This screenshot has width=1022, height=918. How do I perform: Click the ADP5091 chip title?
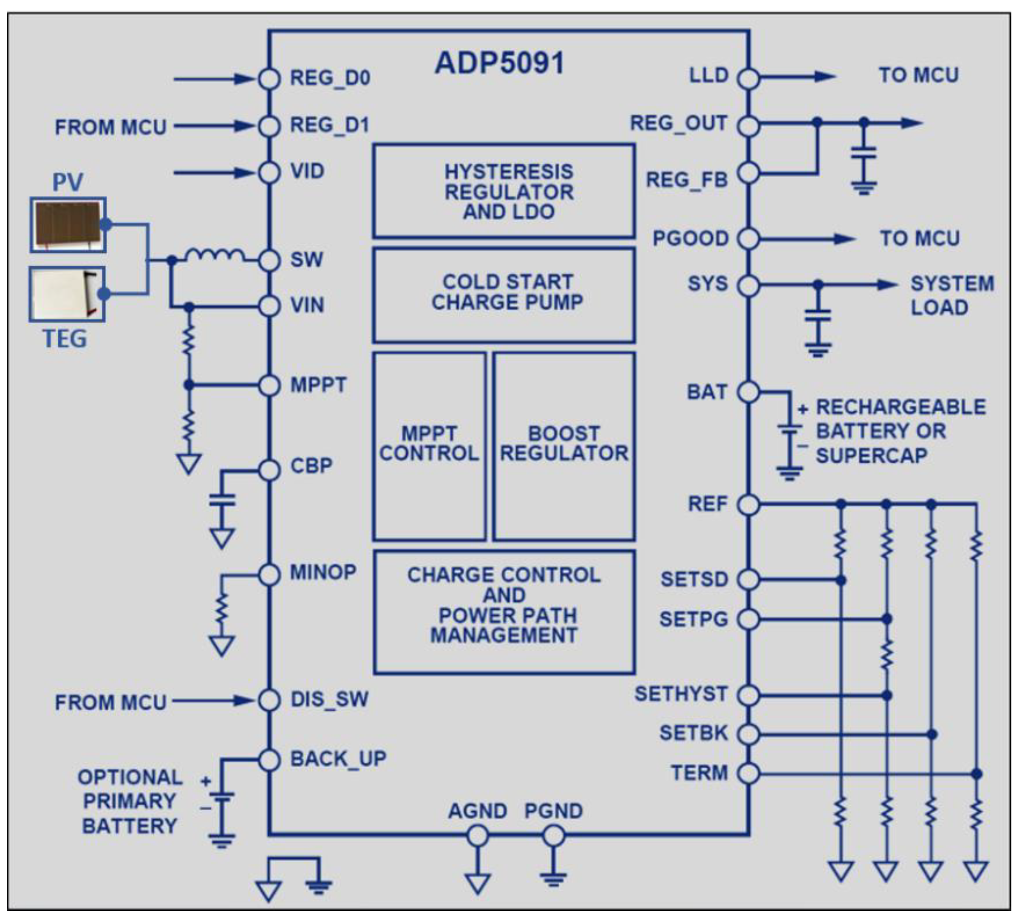pyautogui.click(x=499, y=64)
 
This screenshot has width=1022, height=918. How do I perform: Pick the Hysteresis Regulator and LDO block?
pyautogui.click(x=504, y=191)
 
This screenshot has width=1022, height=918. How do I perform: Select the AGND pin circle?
pyautogui.click(x=477, y=836)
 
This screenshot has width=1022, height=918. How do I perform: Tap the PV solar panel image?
pyautogui.click(x=68, y=224)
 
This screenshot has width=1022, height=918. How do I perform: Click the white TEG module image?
pyautogui.click(x=67, y=294)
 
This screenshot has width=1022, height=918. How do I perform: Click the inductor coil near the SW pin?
pyautogui.click(x=215, y=256)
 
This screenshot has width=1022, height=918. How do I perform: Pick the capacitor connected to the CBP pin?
pyautogui.click(x=222, y=500)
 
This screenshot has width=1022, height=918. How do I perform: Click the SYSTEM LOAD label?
pyautogui.click(x=951, y=295)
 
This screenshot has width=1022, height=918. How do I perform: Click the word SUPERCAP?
pyautogui.click(x=871, y=456)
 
